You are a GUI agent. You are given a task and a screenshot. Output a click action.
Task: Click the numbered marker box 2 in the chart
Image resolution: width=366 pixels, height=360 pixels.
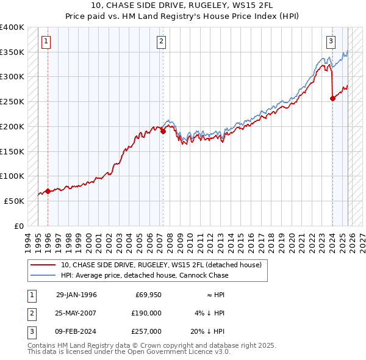161,41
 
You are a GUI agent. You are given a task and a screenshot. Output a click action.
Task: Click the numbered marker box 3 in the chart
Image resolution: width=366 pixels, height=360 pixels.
331,41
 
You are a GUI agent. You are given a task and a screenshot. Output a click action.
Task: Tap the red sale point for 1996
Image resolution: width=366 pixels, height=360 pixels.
48,191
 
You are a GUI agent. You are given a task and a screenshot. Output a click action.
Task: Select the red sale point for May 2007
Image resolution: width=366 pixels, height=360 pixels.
163,131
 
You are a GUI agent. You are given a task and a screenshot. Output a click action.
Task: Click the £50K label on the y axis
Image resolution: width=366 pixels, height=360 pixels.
14,201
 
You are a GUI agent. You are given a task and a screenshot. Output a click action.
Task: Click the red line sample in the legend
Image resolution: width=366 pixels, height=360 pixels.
43,265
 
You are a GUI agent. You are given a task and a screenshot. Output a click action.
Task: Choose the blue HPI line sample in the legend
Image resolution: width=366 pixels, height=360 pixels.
43,275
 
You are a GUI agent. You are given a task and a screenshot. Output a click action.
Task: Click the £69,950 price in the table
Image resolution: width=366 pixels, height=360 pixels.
147,295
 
